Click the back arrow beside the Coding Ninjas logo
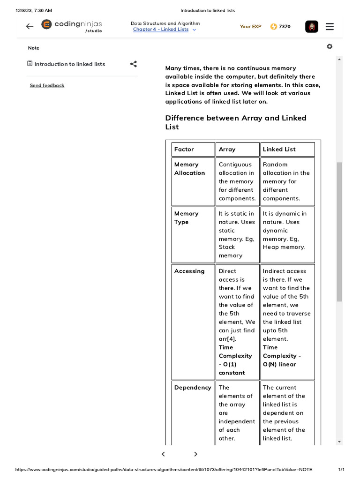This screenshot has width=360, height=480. click(30, 26)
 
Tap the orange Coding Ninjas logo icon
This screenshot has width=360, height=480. click(46, 24)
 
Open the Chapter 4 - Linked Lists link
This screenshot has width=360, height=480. click(161, 30)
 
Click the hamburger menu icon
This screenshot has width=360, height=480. click(330, 27)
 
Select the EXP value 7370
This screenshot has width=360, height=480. click(285, 27)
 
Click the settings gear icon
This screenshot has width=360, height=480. click(330, 46)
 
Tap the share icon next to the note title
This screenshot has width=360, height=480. click(134, 64)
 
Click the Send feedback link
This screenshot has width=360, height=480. click(47, 85)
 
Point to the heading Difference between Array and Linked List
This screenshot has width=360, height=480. click(236, 122)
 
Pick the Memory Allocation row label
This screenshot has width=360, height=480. click(189, 169)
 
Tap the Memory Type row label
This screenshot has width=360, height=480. click(186, 217)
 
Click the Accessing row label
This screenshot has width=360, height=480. click(189, 271)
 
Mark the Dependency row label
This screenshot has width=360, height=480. click(193, 387)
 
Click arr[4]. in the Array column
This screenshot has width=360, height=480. click(227, 339)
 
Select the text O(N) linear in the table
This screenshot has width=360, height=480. click(279, 364)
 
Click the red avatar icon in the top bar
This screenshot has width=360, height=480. click(312, 27)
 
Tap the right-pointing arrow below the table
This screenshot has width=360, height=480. click(195, 454)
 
